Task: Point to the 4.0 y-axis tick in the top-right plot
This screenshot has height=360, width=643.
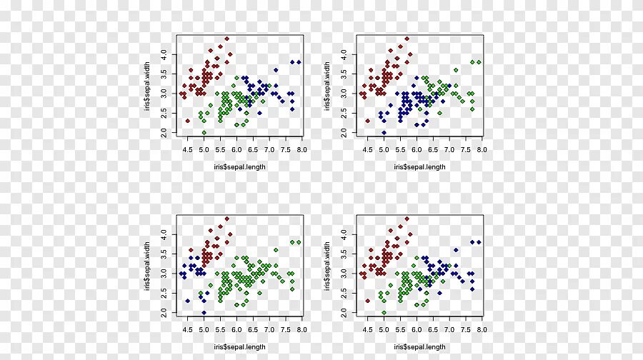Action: coord(344,54)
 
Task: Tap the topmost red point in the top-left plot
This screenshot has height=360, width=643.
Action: coord(226,39)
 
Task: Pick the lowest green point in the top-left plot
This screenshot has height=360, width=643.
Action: coord(204,132)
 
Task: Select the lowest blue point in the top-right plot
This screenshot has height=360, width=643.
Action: coord(384,132)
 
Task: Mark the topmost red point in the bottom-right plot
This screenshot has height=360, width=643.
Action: coord(407,219)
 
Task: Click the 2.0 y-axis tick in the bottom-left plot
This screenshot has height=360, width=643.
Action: coord(164,312)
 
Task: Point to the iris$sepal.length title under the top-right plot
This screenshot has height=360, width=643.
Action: coord(419,167)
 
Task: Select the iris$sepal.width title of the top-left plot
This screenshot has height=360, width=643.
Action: coord(146,86)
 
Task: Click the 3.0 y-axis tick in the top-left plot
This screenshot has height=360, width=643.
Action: coord(164,93)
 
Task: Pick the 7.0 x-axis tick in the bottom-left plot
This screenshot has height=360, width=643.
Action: coord(269,329)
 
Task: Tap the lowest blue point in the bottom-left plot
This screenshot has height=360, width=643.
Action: coord(204,312)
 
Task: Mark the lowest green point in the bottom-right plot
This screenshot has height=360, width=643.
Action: coord(384,312)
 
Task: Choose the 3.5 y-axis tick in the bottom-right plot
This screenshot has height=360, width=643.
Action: coord(344,254)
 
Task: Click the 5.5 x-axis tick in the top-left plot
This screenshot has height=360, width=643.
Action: coord(221,149)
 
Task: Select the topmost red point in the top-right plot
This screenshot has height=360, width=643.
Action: coord(407,39)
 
